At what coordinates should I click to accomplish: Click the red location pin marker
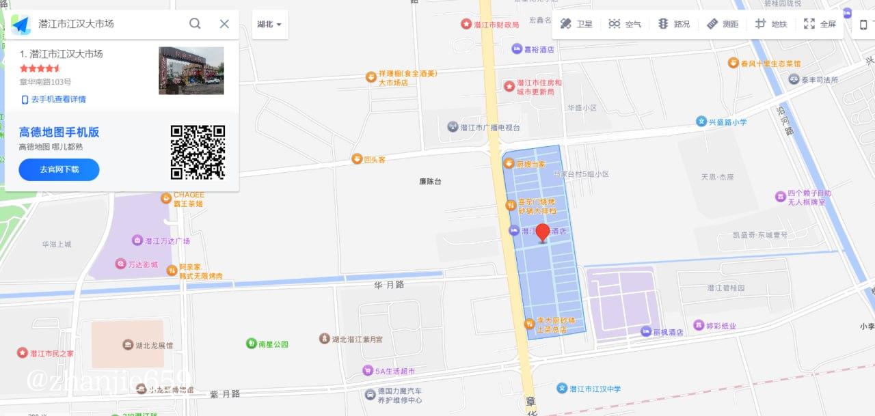point(543,232)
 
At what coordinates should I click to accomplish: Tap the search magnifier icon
point(195,24)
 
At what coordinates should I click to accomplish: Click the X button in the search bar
point(224,24)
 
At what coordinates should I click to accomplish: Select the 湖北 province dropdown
point(269,24)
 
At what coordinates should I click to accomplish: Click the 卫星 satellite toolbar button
point(576,24)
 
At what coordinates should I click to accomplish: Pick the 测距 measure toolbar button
point(723,24)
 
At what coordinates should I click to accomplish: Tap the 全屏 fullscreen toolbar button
point(820,24)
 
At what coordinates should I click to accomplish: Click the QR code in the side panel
point(198,152)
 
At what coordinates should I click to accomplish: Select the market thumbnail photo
point(191,70)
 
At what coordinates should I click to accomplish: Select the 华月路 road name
point(389,284)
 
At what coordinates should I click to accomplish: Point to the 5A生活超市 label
point(389,371)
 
